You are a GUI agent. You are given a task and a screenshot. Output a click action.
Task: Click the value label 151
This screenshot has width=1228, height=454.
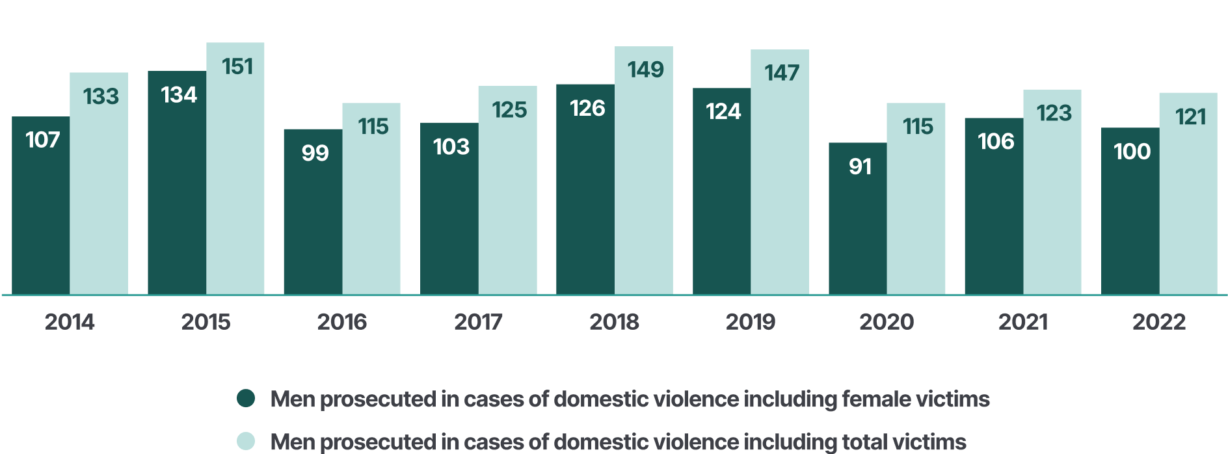[237, 66]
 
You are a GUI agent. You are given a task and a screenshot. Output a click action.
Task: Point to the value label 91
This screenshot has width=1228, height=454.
[860, 167]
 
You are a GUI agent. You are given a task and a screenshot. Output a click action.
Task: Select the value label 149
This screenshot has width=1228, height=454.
[645, 70]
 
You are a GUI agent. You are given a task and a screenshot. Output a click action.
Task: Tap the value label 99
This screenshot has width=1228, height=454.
[315, 154]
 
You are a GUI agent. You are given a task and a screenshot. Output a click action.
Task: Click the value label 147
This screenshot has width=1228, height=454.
[781, 73]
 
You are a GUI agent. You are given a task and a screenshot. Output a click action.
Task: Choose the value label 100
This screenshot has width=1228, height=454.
[1132, 152]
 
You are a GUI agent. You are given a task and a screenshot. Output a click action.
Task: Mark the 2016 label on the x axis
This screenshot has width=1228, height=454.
[341, 322]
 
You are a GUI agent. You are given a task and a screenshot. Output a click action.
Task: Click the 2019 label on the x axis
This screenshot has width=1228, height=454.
[750, 322]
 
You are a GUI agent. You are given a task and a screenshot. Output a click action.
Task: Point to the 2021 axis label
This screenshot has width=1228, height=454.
[1022, 322]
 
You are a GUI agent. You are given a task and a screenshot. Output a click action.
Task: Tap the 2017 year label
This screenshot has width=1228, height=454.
[478, 322]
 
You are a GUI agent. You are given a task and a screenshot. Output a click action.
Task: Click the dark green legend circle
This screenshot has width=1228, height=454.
[246, 398]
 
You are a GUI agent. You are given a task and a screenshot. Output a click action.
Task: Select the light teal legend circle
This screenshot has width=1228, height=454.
[246, 440]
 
